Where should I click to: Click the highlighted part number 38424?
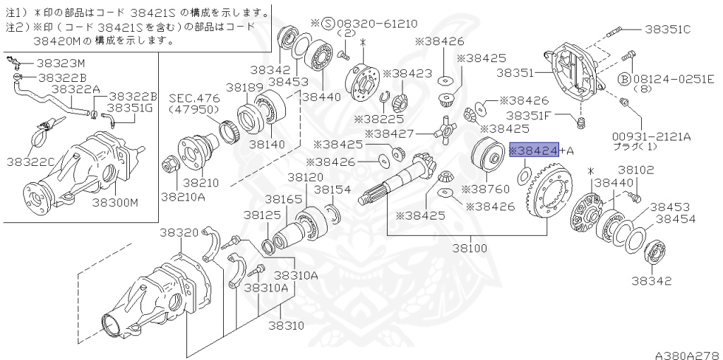[x=534, y=150]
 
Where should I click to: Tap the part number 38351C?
[x=667, y=30]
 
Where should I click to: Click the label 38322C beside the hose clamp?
[x=30, y=162]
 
